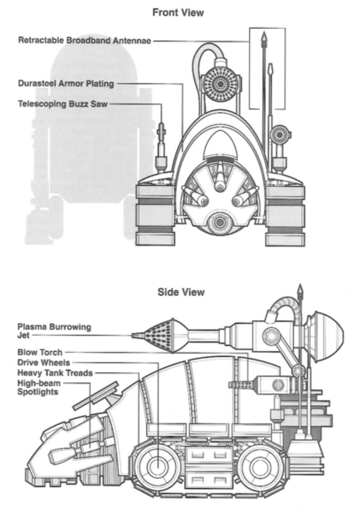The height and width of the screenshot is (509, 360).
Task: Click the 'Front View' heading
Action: pos(178,13)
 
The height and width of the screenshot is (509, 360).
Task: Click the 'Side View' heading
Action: pos(181,292)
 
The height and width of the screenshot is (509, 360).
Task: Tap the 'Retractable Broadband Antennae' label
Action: pos(85,40)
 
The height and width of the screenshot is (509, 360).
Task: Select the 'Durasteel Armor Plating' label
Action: pos(66,84)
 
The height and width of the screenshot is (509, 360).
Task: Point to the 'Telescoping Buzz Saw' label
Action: pos(63,104)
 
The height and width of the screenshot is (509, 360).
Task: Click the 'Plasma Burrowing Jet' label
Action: pos(48,330)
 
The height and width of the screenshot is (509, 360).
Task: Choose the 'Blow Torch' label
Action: pos(40,352)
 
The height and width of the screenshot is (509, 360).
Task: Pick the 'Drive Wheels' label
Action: pos(43,363)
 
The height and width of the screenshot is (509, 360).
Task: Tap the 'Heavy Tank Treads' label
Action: pos(55,373)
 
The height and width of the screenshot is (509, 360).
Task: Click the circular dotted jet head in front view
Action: pos(220,84)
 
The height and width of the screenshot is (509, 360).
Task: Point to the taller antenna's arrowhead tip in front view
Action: pos(263,35)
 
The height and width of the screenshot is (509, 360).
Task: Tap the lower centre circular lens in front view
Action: pos(221,222)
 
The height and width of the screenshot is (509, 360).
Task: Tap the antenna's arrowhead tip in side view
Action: pos(300,289)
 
